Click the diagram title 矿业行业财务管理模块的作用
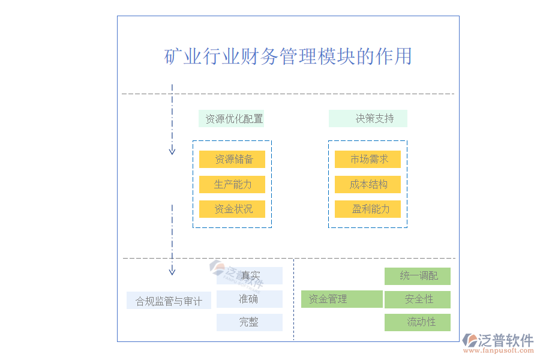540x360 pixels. [288, 56]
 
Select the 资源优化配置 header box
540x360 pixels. [232, 119]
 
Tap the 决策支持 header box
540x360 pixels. [368, 119]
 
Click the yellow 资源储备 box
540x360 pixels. [232, 160]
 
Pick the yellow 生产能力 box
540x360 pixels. [232, 184]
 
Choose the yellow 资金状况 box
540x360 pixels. [232, 209]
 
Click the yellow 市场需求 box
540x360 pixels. [368, 160]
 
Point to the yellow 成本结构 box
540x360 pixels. [368, 184]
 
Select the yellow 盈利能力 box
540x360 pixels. [368, 209]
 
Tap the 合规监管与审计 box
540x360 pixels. [169, 301]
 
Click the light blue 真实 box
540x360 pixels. [250, 276]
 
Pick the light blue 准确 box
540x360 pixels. [250, 299]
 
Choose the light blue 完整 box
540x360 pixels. [250, 322]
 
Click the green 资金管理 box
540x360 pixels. [341, 299]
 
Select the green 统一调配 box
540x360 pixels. [418, 276]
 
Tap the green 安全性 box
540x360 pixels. [418, 299]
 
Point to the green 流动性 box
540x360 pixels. [418, 322]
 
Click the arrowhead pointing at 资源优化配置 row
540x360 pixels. [172, 151]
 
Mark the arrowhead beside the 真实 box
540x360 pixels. [172, 271]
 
